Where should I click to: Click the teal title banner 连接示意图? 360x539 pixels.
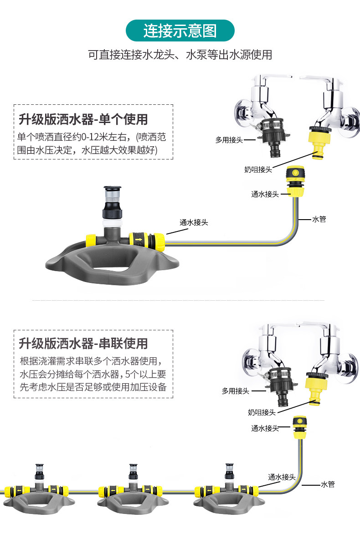coord(180,31)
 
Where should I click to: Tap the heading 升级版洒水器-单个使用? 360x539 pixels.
coord(83,119)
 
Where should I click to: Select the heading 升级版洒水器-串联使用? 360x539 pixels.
coord(83,343)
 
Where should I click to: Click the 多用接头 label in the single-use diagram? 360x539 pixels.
coord(229,140)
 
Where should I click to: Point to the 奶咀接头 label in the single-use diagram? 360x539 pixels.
coord(258,169)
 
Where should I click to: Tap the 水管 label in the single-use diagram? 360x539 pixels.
coord(319,219)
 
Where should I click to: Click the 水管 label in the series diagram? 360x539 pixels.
coord(328,484)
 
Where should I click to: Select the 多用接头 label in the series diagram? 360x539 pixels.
coord(236,390)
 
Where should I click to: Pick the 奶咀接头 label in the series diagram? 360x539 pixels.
coord(262,412)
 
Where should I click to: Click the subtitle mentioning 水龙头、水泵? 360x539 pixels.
coord(180,55)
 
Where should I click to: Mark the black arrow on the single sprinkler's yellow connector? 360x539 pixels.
coord(139,238)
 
